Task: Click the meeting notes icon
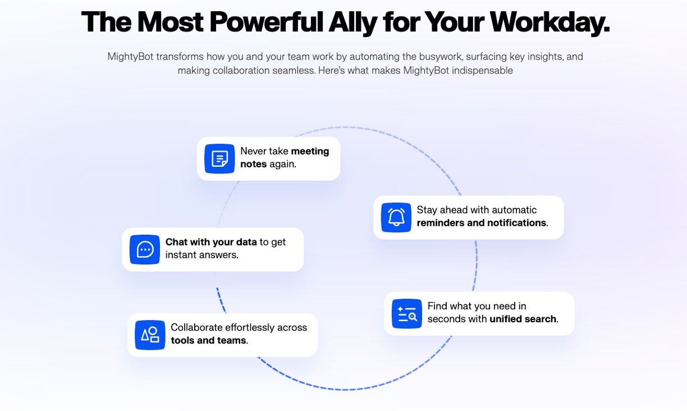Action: (x=219, y=158)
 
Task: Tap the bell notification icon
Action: (x=396, y=217)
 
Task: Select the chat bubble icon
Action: (x=145, y=250)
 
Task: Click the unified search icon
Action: (x=407, y=314)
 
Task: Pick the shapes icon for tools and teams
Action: (x=150, y=335)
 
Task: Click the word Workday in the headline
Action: (x=549, y=22)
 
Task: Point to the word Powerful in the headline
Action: (x=266, y=22)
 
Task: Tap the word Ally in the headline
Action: (x=352, y=22)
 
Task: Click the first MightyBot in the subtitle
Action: (x=130, y=57)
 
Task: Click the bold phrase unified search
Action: (x=523, y=319)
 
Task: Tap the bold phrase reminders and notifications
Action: (x=482, y=223)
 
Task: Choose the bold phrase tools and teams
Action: (x=209, y=340)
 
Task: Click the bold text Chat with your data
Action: (x=211, y=242)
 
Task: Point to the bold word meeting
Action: (x=310, y=151)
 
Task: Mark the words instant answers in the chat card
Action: (x=201, y=255)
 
